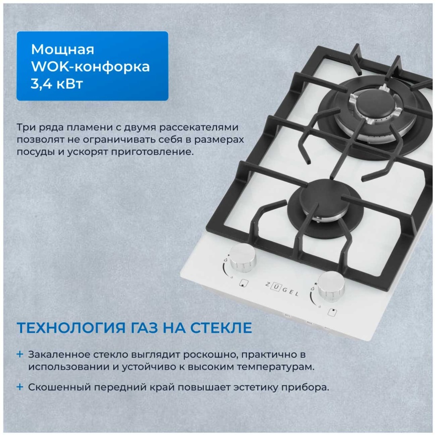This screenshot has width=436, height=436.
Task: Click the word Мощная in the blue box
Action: pos(62,49)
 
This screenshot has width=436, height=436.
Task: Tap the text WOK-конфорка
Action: pos(90,66)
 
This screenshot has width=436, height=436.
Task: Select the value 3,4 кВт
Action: pos(57,83)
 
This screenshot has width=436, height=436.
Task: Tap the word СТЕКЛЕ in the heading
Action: pos(220,328)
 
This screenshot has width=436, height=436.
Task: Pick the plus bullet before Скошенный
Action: pos(20,387)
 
